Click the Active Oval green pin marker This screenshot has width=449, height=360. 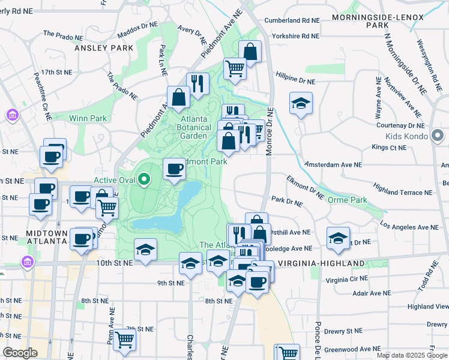click(x=143, y=179)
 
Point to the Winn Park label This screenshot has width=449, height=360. click(x=88, y=118)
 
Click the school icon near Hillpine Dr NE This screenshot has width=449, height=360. click(x=301, y=103)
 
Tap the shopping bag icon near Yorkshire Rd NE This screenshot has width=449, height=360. click(x=250, y=52)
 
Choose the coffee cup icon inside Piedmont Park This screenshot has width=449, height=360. click(x=175, y=169)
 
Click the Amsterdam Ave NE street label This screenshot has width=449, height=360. click(x=333, y=164)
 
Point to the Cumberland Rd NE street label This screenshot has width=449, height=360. click(x=292, y=20)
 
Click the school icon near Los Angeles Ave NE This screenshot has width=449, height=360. click(x=338, y=238)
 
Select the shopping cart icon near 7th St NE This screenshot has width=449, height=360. click(x=124, y=340)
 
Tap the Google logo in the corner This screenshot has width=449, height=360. click(x=20, y=353)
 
